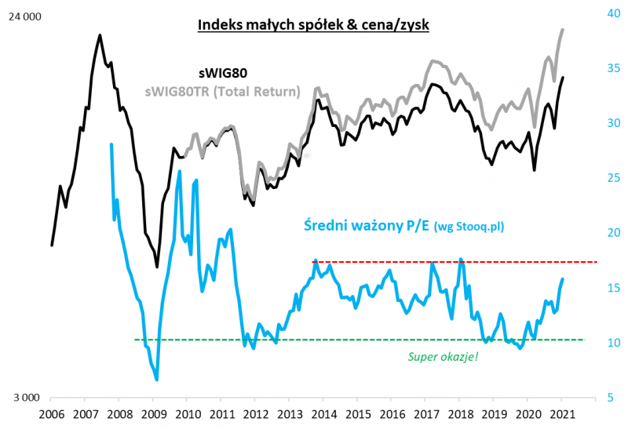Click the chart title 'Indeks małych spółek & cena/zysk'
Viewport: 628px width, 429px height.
pyautogui.click(x=313, y=25)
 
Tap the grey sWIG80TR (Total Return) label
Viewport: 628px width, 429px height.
pyautogui.click(x=222, y=92)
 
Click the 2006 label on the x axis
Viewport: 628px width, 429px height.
pyautogui.click(x=51, y=413)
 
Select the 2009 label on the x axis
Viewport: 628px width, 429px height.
pyautogui.click(x=153, y=413)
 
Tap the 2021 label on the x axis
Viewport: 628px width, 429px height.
pyautogui.click(x=562, y=413)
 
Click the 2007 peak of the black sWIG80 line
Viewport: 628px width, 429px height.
pyautogui.click(x=100, y=35)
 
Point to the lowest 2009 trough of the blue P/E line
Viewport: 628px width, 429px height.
pyautogui.click(x=157, y=380)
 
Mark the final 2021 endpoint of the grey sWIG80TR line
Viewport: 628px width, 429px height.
pyautogui.click(x=563, y=30)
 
